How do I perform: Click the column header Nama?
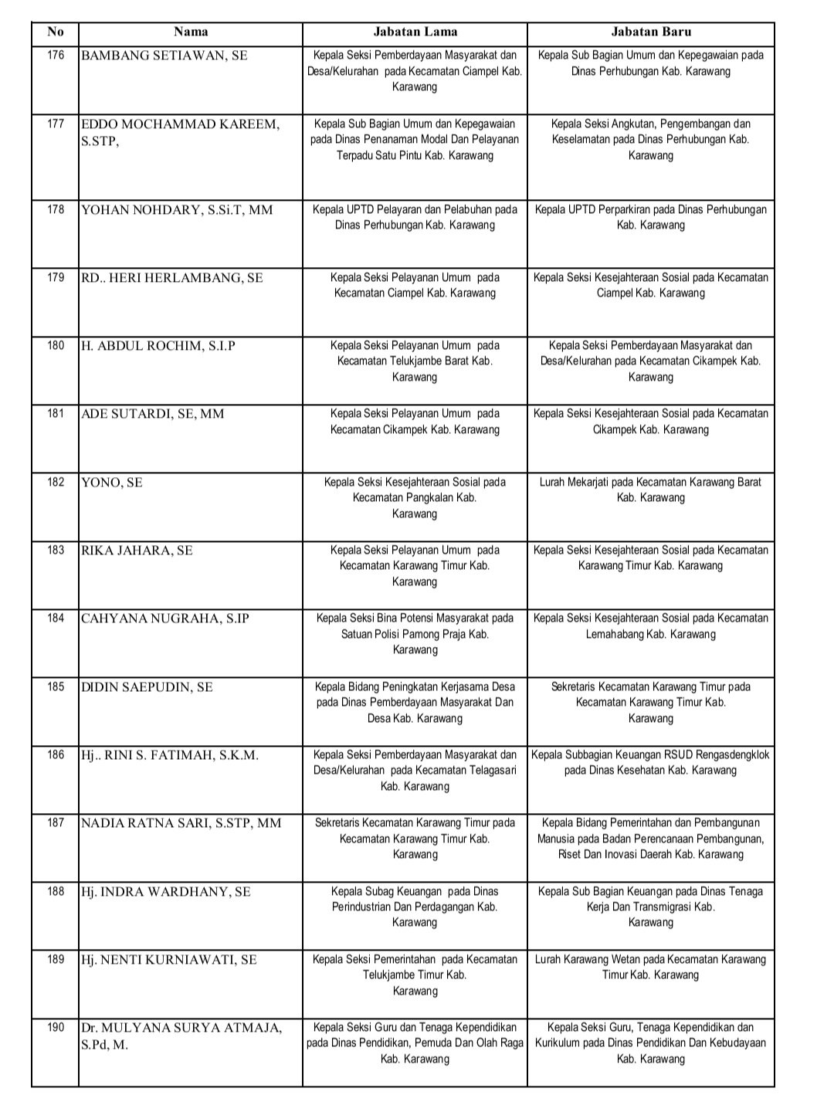(190, 32)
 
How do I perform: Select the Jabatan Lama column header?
(415, 32)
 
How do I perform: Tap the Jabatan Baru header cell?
(651, 32)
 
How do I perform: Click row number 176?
(56, 56)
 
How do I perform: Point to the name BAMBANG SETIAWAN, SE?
(164, 56)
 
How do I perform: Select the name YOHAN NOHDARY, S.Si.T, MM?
(177, 210)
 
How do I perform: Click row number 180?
(56, 346)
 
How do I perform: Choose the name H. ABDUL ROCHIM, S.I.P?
(158, 347)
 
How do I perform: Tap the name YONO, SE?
(112, 483)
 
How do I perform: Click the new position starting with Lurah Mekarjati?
(650, 490)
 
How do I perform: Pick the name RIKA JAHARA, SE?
(137, 551)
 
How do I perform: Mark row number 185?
(56, 686)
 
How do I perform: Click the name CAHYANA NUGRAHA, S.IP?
(165, 619)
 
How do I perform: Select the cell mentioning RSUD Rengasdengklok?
(650, 762)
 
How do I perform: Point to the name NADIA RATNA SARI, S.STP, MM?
(181, 824)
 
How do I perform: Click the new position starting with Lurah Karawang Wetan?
(650, 967)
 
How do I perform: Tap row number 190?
(56, 1028)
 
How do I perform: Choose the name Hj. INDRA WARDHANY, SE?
(166, 892)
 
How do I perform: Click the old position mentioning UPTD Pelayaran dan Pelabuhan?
(415, 217)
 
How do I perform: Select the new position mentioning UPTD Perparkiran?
(650, 217)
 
